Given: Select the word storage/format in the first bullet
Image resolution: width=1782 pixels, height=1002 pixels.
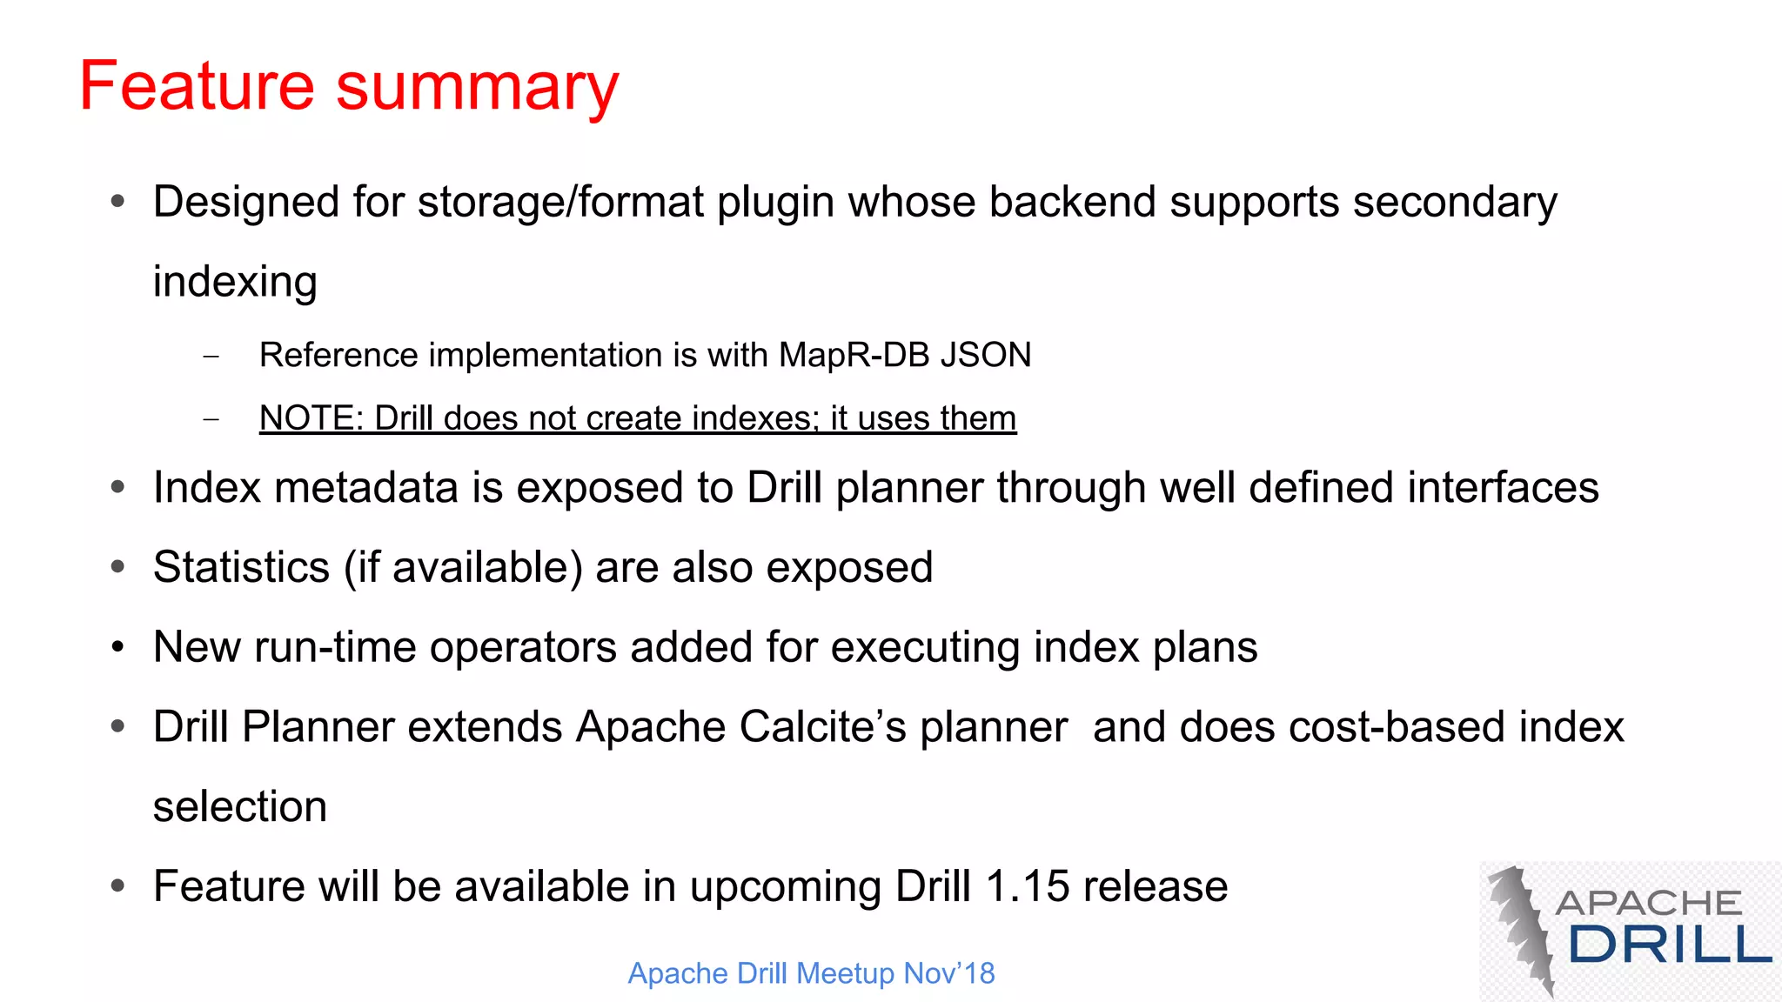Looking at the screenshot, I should coord(560,202).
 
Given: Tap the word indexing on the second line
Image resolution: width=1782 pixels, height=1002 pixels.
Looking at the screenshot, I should coord(235,282).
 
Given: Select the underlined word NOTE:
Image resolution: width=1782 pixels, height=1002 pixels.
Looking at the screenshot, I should coord(311,418).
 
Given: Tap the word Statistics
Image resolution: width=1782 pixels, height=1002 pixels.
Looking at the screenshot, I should coord(241,567).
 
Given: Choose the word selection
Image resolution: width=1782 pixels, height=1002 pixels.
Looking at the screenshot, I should coord(240,806).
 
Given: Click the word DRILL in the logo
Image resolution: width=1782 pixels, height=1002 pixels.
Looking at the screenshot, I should coord(1670,945).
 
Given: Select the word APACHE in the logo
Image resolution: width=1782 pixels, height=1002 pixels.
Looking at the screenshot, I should coord(1648,903).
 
